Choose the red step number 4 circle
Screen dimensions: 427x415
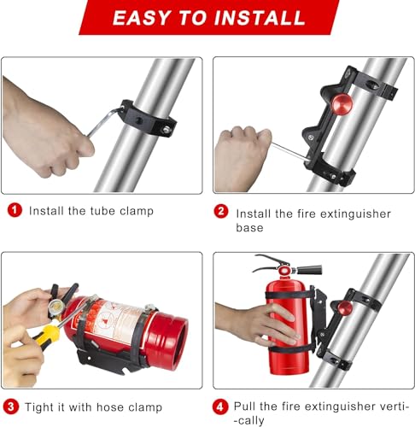(x=221, y=405)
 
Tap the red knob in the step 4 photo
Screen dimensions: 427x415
(x=345, y=307)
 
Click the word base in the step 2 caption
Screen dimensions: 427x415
(x=249, y=228)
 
